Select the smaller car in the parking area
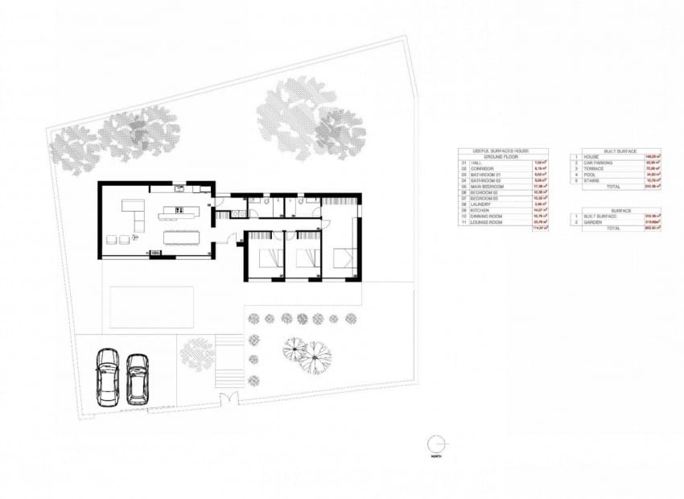(138, 377)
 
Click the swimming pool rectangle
(151, 307)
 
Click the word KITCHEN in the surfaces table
(480, 210)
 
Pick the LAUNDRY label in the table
(481, 204)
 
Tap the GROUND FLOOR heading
(504, 156)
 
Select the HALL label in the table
(476, 163)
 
